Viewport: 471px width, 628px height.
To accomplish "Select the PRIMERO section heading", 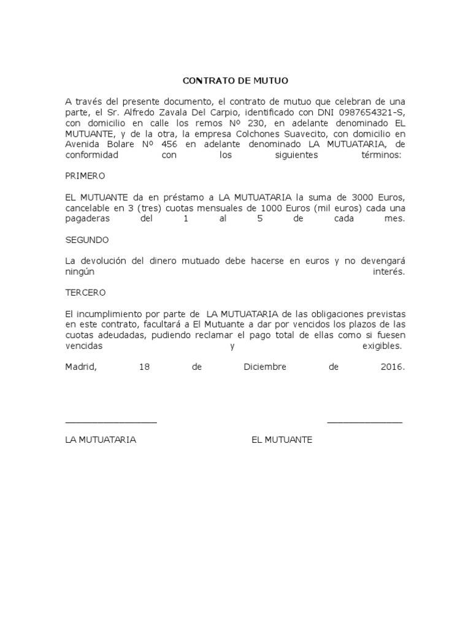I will [85, 175].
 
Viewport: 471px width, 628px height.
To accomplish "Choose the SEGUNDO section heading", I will [87, 240].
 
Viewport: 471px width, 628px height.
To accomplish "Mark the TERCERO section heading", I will [85, 293].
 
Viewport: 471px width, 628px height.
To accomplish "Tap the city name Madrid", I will [80, 367].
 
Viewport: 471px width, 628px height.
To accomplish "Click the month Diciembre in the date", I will [265, 367].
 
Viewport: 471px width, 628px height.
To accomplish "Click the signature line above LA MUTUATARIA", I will [111, 422].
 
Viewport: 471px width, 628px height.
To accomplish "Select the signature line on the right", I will [364, 422].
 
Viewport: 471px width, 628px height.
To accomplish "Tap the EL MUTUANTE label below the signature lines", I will [281, 440].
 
